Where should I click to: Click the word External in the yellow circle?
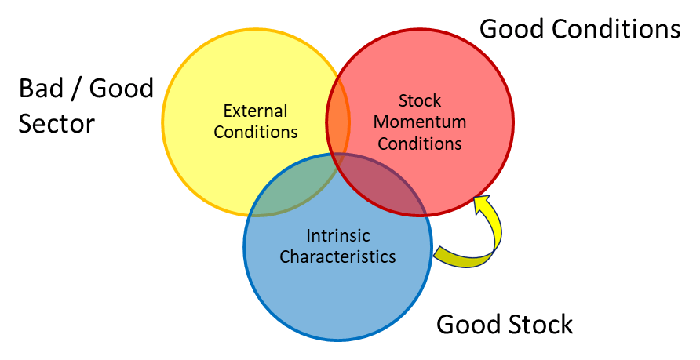click(255, 111)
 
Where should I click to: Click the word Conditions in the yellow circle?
click(255, 131)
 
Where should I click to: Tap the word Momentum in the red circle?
click(420, 122)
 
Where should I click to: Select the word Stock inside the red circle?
click(420, 101)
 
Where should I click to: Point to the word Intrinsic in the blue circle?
click(337, 235)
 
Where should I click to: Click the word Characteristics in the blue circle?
click(337, 256)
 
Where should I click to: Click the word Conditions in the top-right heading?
click(617, 30)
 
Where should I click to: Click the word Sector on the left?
click(56, 123)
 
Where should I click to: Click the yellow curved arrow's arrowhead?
click(480, 202)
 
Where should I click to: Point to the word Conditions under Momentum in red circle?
click(420, 144)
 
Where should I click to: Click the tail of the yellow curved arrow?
click(444, 256)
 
